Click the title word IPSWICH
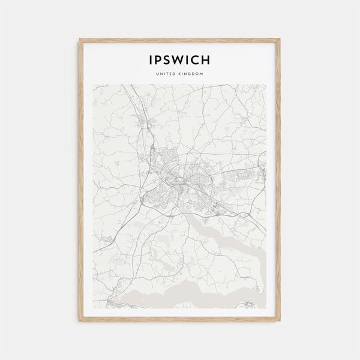tap(180, 60)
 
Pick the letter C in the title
tap(199, 60)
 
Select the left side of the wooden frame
tap(80, 180)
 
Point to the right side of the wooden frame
tap(280, 180)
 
